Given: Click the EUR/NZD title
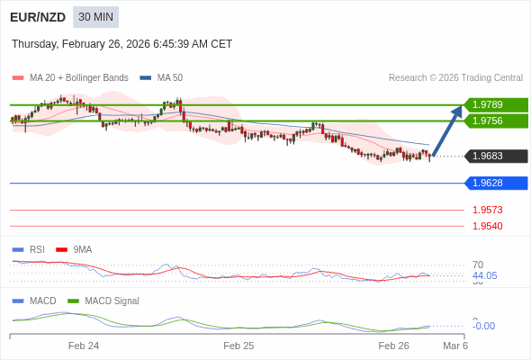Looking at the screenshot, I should coord(37,17).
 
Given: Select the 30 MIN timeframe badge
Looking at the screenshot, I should coord(95,17).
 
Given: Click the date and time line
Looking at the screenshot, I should coord(122,44).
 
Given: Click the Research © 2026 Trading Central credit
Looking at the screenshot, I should coord(455,77).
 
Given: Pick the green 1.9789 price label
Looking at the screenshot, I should coord(495,104).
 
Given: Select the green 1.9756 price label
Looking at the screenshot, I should coord(495,121).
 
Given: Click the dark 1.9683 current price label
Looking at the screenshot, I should coord(495,156).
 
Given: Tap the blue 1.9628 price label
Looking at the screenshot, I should coord(495,183).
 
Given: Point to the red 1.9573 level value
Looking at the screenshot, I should coord(488,210).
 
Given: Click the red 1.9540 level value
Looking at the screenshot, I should coord(488,226).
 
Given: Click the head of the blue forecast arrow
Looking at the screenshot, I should coord(460,109).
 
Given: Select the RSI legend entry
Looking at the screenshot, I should coord(36,249).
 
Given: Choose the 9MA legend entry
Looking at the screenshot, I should coord(82,249).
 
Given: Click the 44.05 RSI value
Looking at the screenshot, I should coord(484,275).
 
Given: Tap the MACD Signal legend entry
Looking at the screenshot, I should coord(112,301).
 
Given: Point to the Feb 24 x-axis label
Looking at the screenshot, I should coord(84,346).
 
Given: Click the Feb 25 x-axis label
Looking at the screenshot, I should coord(238,346).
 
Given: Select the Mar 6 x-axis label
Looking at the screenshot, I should coord(455,346).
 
